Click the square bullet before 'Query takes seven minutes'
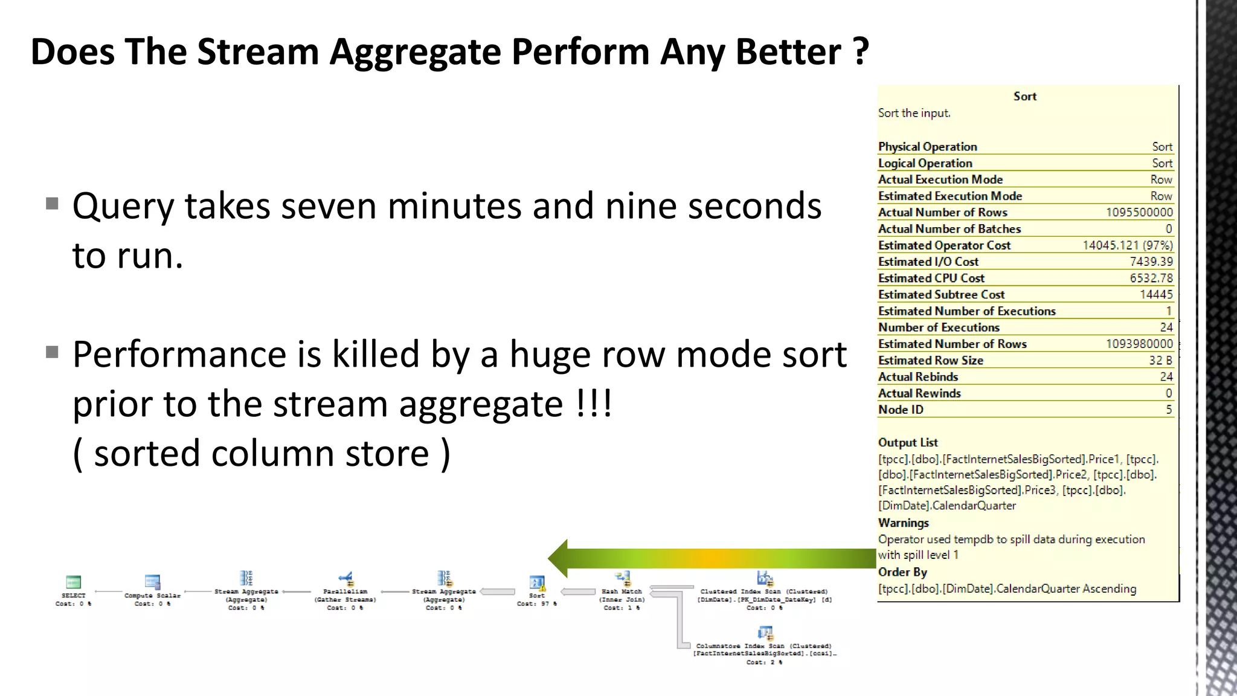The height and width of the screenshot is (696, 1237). coord(53,204)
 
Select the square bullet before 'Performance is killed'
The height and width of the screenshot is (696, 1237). coord(53,352)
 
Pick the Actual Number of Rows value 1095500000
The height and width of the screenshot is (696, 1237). coord(1139,213)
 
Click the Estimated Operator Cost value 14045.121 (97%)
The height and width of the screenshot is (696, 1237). coord(1127,245)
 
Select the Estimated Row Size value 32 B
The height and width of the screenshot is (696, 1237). coord(1160,361)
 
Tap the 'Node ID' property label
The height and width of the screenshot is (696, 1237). coord(901,410)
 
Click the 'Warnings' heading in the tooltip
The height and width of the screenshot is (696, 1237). coord(904,523)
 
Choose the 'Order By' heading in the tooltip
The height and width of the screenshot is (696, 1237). coord(902,572)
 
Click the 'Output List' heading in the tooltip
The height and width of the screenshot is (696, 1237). coord(908,443)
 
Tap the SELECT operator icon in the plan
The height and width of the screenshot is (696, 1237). coord(73,582)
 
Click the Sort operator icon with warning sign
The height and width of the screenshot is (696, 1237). coord(537,583)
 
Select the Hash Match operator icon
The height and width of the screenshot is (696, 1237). coord(622,579)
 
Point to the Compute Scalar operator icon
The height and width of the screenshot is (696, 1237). coord(152,582)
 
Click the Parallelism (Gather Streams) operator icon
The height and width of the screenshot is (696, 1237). coord(345,579)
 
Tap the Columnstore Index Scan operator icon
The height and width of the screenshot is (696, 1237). coord(765,633)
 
